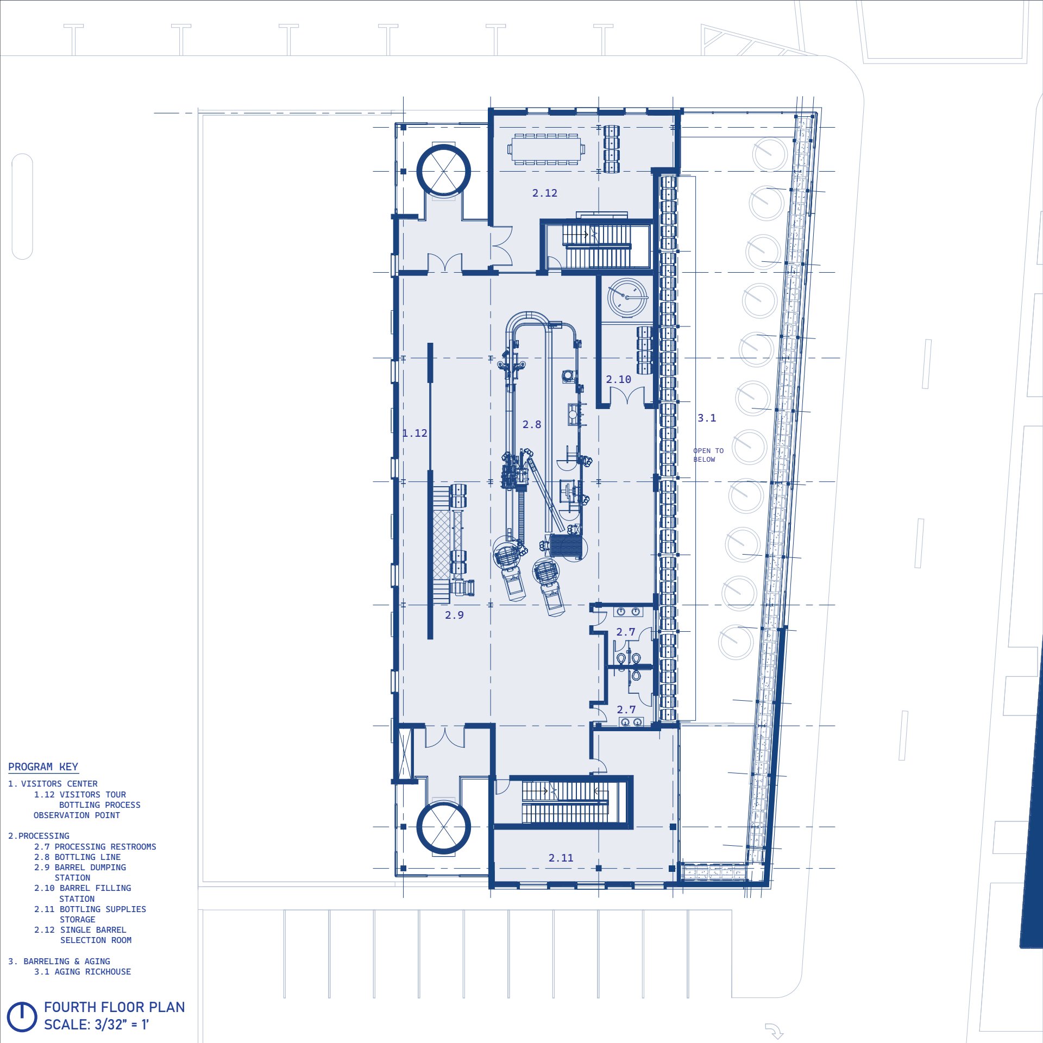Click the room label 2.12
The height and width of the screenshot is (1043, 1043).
pyautogui.click(x=544, y=193)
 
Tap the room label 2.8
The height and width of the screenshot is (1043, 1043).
pyautogui.click(x=532, y=425)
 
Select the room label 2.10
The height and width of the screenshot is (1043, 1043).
pyautogui.click(x=619, y=380)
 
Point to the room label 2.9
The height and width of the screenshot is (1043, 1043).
pyautogui.click(x=454, y=615)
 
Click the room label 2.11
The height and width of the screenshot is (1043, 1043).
pyautogui.click(x=561, y=858)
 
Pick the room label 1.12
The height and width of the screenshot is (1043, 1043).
pyautogui.click(x=414, y=433)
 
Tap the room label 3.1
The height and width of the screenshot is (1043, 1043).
pyautogui.click(x=707, y=418)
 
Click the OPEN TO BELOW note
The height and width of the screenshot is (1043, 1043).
pyautogui.click(x=708, y=455)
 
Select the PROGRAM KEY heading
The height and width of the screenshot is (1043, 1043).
pyautogui.click(x=43, y=767)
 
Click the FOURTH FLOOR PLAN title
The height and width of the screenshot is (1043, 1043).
pyautogui.click(x=114, y=1007)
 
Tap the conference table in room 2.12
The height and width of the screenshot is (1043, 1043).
pyautogui.click(x=546, y=149)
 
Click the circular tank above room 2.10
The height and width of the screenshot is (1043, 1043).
pyautogui.click(x=627, y=298)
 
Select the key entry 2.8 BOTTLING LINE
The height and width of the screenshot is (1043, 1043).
pyautogui.click(x=77, y=857)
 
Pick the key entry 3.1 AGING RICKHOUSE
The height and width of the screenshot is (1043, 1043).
pyautogui.click(x=83, y=972)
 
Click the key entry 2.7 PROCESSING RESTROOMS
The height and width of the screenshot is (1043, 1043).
pyautogui.click(x=95, y=847)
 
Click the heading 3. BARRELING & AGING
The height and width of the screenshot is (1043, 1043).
pyautogui.click(x=59, y=962)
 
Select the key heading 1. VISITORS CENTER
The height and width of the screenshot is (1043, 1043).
pyautogui.click(x=53, y=784)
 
